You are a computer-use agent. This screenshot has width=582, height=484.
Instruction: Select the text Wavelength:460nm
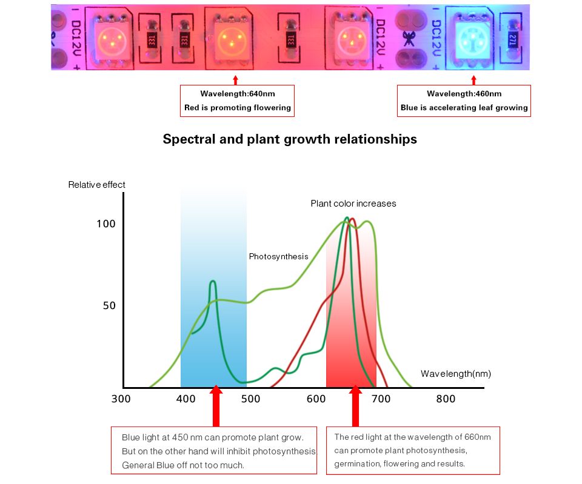coord(464,94)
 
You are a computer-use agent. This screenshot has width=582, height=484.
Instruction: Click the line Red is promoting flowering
coord(238,108)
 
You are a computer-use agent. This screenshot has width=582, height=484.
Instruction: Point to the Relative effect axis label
coord(96,185)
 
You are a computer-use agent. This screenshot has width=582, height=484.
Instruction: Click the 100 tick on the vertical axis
coord(105,224)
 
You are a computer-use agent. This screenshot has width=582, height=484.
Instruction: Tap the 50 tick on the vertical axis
coord(109,306)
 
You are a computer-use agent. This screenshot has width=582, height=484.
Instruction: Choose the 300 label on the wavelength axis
coord(121,399)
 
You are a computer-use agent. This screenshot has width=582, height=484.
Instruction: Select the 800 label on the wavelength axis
coord(446,399)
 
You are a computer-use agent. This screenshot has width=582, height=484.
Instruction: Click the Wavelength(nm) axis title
coord(455,374)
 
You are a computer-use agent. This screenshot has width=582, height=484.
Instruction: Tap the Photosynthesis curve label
coord(278,257)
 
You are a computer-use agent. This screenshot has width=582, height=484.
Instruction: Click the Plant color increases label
coord(353,204)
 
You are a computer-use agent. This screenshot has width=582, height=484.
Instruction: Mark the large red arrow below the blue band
coord(216,406)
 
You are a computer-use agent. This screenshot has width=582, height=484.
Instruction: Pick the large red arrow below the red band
coord(355,406)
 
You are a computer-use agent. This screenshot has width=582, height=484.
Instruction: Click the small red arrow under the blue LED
coord(473,80)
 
